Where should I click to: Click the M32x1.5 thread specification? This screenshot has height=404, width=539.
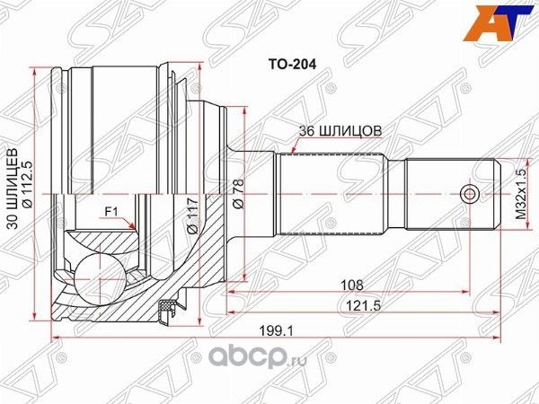click(x=520, y=194)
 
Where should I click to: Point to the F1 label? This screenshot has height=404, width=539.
click(x=113, y=212)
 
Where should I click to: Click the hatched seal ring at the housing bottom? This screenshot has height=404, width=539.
click(x=164, y=310)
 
